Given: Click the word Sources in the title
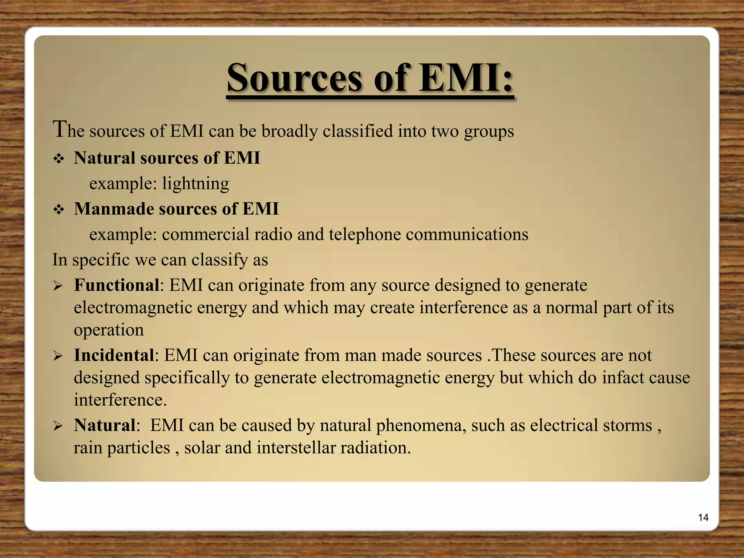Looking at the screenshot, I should (294, 77).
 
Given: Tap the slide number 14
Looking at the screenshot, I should (703, 517).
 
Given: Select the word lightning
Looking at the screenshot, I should (195, 183).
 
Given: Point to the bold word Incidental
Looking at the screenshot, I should (114, 355).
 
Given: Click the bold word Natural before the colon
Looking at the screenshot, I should (105, 425).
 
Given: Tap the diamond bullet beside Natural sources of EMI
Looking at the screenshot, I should (58, 159).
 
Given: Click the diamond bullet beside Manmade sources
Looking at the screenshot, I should (58, 210).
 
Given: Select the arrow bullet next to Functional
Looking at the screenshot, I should (58, 286).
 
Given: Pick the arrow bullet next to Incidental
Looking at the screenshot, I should (58, 356).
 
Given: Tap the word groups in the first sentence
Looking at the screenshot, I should (489, 132).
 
